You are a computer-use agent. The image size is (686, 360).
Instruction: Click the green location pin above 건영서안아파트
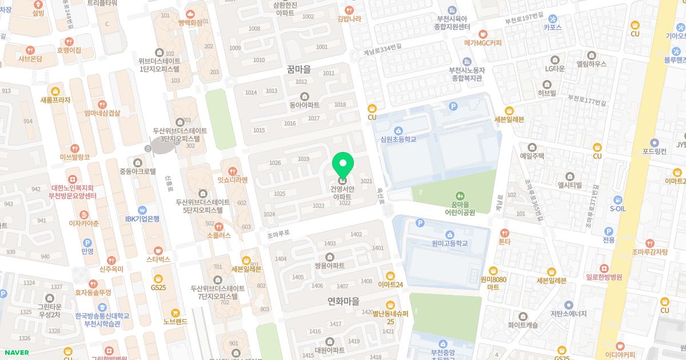[x=343, y=165]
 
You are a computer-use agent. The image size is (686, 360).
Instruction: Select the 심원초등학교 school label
[x=398, y=139]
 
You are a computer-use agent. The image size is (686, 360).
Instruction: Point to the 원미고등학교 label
[x=450, y=243]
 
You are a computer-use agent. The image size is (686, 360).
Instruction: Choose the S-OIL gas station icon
[x=617, y=200]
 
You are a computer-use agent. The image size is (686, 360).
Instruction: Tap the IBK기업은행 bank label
[x=142, y=218]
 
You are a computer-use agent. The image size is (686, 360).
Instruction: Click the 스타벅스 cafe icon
[x=158, y=250]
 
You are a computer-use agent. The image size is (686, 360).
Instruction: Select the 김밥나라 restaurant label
[x=349, y=18]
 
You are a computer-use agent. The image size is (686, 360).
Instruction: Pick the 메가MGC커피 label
[x=482, y=42]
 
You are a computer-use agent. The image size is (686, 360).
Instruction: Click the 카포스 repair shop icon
[x=553, y=18]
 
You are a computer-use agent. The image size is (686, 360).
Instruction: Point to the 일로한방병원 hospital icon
[x=603, y=269]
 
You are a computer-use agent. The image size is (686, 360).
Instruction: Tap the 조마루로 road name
[x=278, y=234]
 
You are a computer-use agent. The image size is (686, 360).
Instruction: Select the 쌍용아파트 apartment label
[x=329, y=265]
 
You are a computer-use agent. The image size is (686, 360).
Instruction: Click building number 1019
[x=304, y=158]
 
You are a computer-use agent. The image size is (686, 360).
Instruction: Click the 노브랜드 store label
[x=175, y=321]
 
